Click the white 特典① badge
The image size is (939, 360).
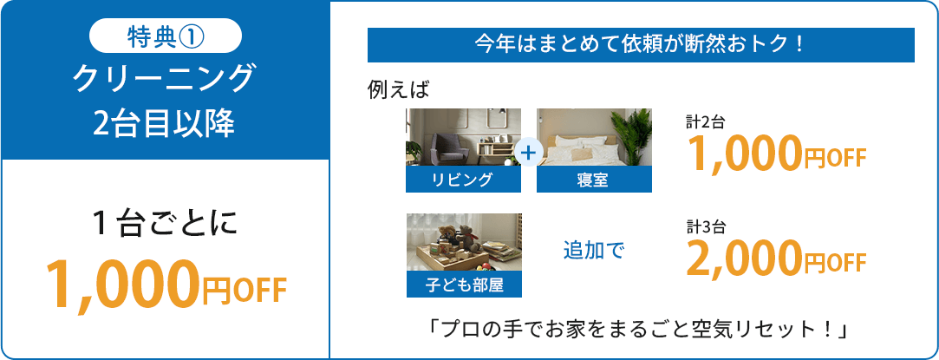(x=166, y=36)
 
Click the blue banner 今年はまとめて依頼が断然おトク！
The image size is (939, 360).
(x=641, y=45)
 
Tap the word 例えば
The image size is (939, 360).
(x=398, y=90)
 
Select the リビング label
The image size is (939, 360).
(x=463, y=180)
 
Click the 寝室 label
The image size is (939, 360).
(x=594, y=180)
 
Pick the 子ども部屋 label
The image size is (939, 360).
(x=464, y=285)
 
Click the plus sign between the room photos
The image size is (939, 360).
(x=528, y=154)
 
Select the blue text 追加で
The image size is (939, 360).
(x=594, y=251)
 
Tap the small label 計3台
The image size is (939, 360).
(x=706, y=226)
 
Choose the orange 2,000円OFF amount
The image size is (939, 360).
(x=777, y=258)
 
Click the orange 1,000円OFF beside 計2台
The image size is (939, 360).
(x=777, y=153)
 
